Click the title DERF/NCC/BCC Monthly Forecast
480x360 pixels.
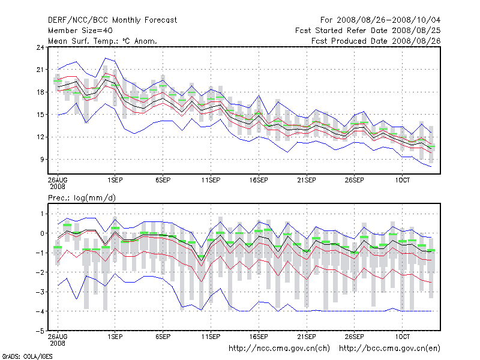pos(112,20)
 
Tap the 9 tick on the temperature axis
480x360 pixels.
pos(40,159)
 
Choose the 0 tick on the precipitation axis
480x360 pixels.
pos(41,233)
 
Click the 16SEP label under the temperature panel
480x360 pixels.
pos(259,179)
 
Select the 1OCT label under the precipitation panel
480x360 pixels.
pos(402,337)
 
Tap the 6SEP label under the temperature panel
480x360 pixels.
pos(163,179)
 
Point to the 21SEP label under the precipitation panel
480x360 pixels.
pos(307,337)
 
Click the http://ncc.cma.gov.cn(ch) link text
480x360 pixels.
pos(279,348)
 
